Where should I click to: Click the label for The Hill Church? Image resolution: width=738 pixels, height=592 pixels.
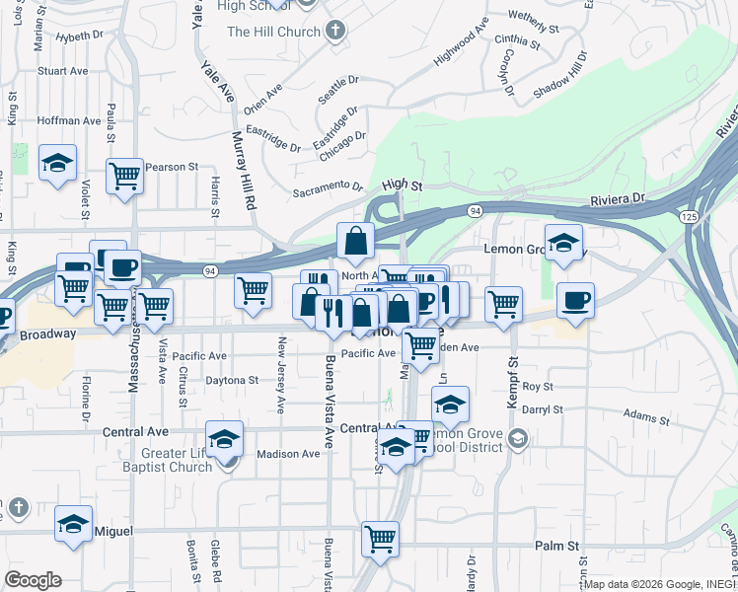(x=273, y=32)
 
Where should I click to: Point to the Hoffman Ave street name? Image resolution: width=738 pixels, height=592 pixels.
(x=69, y=120)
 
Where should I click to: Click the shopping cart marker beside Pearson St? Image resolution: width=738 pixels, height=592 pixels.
(x=124, y=177)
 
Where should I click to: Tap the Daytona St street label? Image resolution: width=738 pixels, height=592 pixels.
(x=231, y=379)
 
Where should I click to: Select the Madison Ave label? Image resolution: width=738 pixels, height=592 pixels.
(x=288, y=454)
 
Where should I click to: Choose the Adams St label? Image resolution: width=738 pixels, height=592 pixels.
(x=645, y=418)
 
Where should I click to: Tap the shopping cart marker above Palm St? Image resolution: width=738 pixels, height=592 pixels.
(x=380, y=539)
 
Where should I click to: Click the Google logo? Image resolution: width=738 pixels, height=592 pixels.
(x=33, y=579)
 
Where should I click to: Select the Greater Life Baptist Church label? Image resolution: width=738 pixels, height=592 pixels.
(x=176, y=461)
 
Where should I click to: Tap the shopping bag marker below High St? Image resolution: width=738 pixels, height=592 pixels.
(x=355, y=240)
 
